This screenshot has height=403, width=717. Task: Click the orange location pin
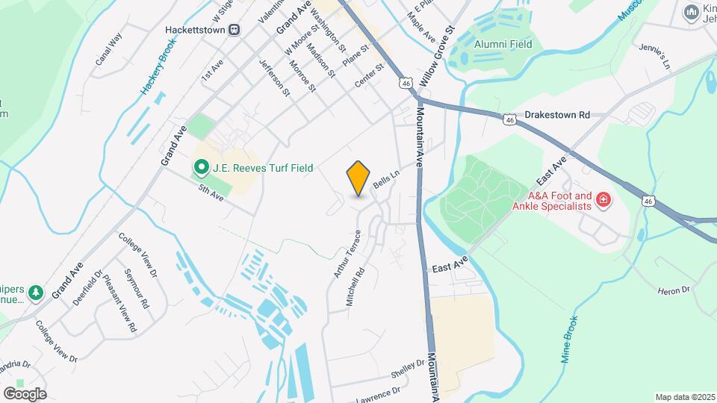pos(358,178)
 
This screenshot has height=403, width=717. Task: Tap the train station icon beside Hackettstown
pos(235,30)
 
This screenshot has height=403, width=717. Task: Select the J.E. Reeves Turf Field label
pos(262,169)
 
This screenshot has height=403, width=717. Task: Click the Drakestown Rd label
pos(557,116)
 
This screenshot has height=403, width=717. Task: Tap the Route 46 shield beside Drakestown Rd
pos(509,119)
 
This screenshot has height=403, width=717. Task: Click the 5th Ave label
pos(211,193)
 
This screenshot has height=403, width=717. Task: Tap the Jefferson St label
pos(274,78)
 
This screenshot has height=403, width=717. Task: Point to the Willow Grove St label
pos(437,54)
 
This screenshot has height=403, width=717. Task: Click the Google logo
pos(25,393)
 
